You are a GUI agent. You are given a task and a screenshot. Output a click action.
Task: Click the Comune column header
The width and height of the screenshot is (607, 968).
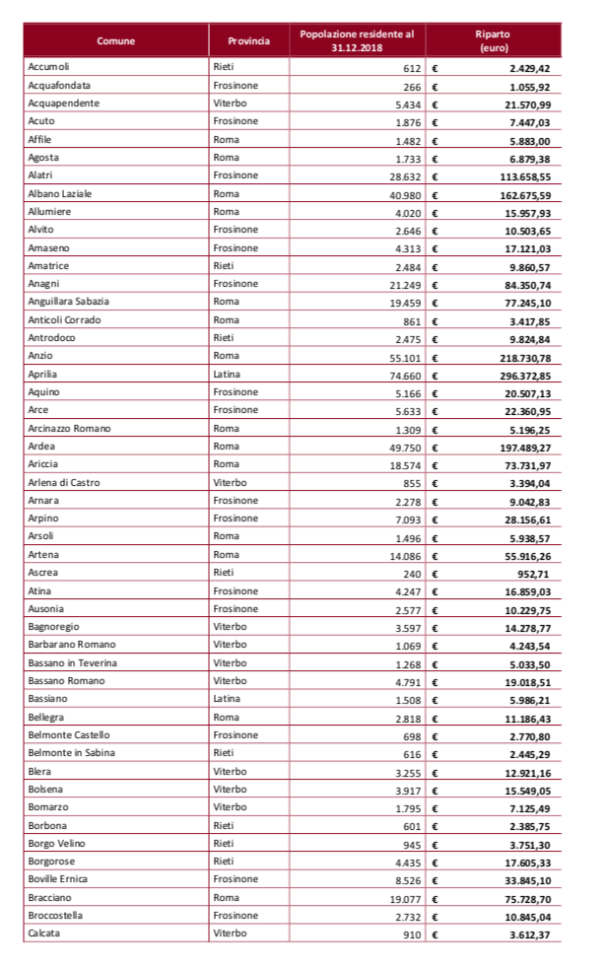pos(115,40)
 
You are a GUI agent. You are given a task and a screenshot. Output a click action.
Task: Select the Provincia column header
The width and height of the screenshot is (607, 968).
pos(248,40)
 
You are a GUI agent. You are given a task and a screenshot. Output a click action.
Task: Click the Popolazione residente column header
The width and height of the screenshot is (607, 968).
pos(357,40)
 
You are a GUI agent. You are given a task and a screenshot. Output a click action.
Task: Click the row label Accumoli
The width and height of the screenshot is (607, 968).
pos(50,68)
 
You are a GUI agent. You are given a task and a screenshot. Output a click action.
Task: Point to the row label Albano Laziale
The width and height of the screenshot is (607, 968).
pos(60,194)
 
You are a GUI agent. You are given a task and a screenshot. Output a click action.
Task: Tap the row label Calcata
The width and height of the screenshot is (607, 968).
pos(44,933)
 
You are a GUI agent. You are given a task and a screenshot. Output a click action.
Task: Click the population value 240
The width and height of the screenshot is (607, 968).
pos(411,573)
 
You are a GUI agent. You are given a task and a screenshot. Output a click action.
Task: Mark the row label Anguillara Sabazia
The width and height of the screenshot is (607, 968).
pos(69,302)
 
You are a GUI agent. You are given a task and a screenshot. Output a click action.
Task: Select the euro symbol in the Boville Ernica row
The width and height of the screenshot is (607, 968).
pos(436,879)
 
